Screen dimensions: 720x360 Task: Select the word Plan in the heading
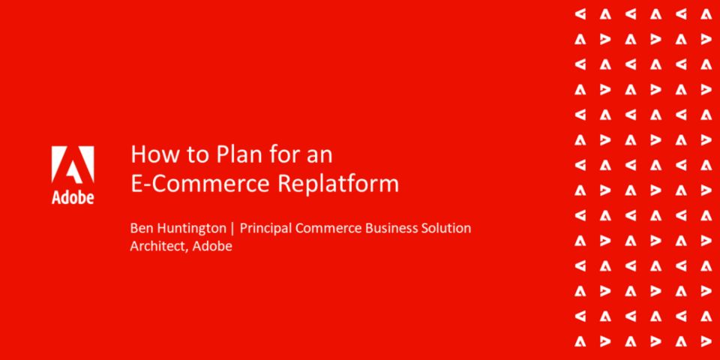click(223, 154)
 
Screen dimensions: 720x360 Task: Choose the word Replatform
click(338, 184)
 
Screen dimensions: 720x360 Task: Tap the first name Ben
click(140, 228)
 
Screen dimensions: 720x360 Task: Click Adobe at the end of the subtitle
click(212, 246)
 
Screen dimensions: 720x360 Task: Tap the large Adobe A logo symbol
click(73, 165)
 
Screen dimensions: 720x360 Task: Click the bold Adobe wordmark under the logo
click(73, 196)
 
